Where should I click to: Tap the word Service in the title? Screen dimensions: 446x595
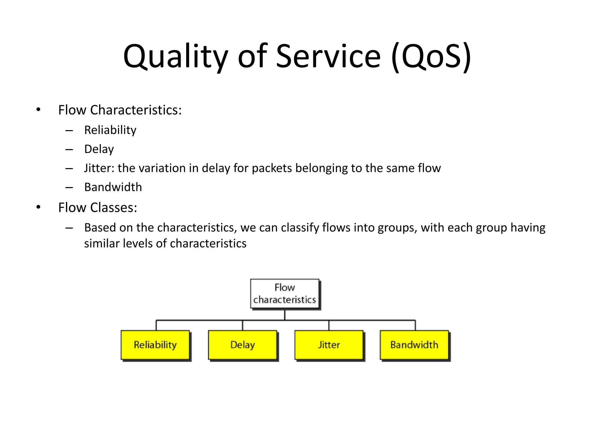(x=328, y=57)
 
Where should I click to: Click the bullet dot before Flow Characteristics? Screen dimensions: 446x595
(x=38, y=110)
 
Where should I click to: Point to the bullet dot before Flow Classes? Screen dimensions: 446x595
(x=38, y=207)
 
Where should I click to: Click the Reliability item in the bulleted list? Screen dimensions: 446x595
(x=110, y=130)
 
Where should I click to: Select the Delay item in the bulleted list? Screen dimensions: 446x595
(x=99, y=149)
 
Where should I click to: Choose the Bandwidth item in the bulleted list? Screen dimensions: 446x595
(x=113, y=187)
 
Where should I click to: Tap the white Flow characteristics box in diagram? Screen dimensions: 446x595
(x=285, y=294)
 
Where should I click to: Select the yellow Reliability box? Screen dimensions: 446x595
(x=155, y=345)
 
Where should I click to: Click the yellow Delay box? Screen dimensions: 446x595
(x=242, y=345)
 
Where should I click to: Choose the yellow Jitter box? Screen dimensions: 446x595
(x=329, y=345)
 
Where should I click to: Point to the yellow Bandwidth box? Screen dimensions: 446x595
(x=414, y=345)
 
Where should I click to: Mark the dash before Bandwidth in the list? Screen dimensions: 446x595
(x=69, y=188)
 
